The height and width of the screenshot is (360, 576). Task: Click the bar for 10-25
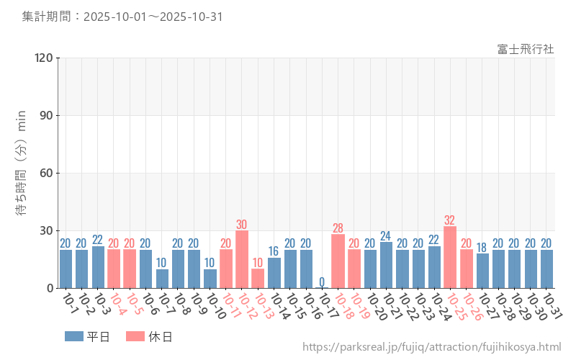450,257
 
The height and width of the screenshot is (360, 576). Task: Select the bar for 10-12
242,259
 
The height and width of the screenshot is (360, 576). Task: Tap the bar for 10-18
338,261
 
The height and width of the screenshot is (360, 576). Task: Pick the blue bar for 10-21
386,265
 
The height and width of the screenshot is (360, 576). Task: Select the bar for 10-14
274,273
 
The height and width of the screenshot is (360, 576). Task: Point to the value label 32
450,220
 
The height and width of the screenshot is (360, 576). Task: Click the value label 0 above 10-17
322,282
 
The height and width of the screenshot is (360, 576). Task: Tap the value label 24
386,235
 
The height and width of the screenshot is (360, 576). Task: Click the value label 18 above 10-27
482,247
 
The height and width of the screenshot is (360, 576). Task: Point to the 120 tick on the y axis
45,58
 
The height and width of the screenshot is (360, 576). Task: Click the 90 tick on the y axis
47,115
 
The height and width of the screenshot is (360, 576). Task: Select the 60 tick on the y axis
47,173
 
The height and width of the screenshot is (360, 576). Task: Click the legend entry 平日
87,336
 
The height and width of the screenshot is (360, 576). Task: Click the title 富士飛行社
526,49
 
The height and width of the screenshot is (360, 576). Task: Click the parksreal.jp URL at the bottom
431,347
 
